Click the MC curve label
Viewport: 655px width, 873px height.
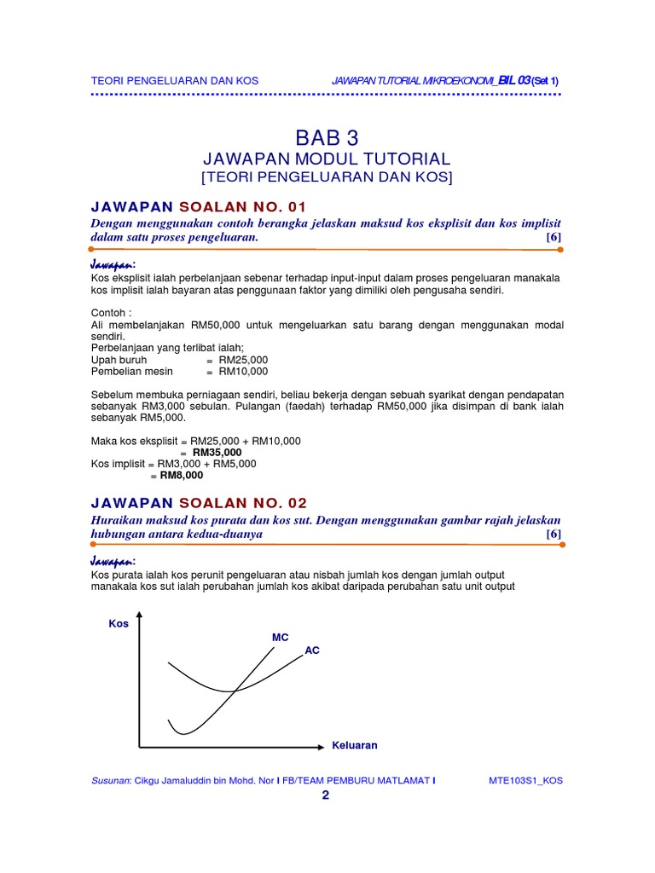click(281, 638)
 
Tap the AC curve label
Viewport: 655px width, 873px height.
click(312, 650)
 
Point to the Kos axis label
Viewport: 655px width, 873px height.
click(118, 623)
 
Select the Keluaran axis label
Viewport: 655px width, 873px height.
click(354, 745)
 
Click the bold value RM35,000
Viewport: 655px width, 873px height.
click(217, 452)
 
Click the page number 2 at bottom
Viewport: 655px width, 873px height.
click(325, 795)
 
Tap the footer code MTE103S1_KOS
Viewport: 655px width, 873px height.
click(525, 780)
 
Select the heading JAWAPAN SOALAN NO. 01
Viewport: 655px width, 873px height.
click(198, 206)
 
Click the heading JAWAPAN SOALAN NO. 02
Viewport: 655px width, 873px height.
click(199, 502)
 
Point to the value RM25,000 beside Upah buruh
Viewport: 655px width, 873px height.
click(243, 360)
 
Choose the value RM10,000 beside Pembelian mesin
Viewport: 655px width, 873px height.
click(243, 371)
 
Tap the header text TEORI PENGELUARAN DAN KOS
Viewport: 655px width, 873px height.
click(174, 80)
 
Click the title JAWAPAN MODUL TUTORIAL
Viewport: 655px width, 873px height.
click(327, 159)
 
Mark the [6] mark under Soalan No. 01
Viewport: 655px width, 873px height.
click(554, 237)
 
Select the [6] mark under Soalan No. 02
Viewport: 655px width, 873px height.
click(554, 534)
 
